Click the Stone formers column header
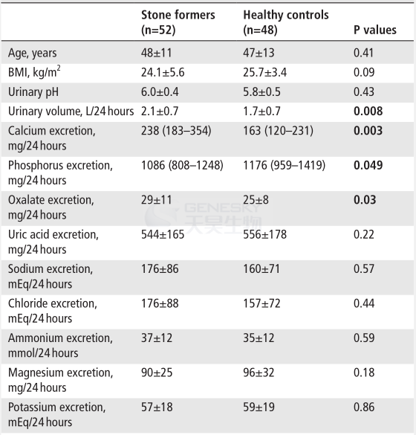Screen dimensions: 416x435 178,22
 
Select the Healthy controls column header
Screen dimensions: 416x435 286,22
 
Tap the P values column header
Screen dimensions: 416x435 375,30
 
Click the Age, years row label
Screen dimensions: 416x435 33,53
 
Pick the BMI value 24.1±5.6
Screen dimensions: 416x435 163,72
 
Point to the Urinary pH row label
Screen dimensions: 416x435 33,91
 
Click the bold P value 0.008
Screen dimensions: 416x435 368,111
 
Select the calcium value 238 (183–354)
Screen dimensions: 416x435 176,131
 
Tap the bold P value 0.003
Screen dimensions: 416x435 368,130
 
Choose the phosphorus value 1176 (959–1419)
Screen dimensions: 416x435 284,165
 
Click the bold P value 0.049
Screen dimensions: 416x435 368,165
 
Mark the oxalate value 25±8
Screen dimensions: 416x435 256,200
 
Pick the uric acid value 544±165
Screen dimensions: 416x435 163,234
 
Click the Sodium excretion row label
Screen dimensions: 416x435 51,277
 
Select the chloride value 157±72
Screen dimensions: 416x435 261,303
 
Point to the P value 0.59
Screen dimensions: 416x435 364,338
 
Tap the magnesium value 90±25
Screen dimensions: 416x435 157,373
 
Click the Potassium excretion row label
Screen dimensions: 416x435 56,415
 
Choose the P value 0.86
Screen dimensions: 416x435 364,407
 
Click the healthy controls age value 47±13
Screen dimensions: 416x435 259,53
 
